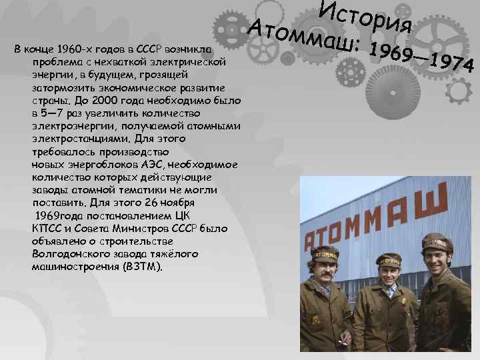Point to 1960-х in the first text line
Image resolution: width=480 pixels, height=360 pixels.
83,49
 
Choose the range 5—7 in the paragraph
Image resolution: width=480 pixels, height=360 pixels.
54,112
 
